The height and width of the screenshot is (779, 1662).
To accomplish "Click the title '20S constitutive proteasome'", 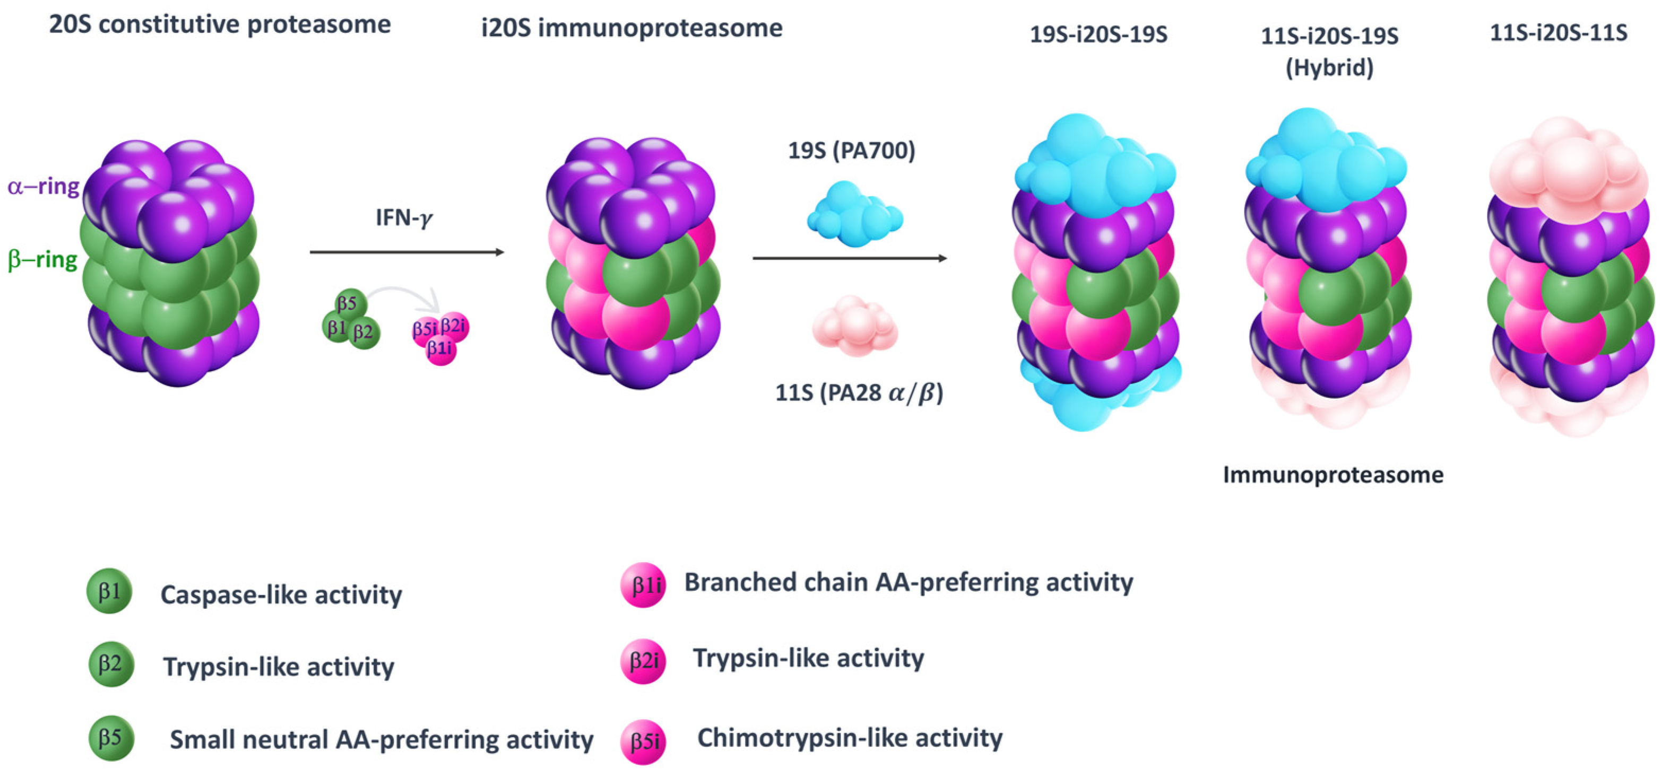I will pyautogui.click(x=219, y=25).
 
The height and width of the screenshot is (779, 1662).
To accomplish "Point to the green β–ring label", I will pyautogui.click(x=42, y=260).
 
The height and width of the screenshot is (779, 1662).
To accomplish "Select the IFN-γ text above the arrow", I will pyautogui.click(x=404, y=218).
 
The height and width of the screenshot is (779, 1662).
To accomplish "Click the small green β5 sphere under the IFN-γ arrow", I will pyautogui.click(x=350, y=304).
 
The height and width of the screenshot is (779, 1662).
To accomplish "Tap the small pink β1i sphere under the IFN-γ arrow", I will pyautogui.click(x=440, y=349).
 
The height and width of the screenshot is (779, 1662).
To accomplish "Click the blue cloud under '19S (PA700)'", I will pyautogui.click(x=854, y=215).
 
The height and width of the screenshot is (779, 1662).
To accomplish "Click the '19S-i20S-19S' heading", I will pyautogui.click(x=1098, y=34).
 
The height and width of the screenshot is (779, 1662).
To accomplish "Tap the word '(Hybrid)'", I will pyautogui.click(x=1329, y=68).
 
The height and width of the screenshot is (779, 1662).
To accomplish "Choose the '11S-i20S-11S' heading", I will pyautogui.click(x=1558, y=32).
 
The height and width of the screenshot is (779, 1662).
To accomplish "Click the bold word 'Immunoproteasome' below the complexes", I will pyautogui.click(x=1333, y=475).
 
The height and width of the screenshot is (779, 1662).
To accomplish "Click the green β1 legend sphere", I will pyautogui.click(x=109, y=591).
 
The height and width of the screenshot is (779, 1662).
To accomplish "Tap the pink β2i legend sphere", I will pyautogui.click(x=643, y=661).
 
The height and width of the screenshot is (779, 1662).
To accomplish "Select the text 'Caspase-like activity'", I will pyautogui.click(x=281, y=594).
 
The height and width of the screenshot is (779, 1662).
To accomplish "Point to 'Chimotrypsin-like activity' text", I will pyautogui.click(x=850, y=738).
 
